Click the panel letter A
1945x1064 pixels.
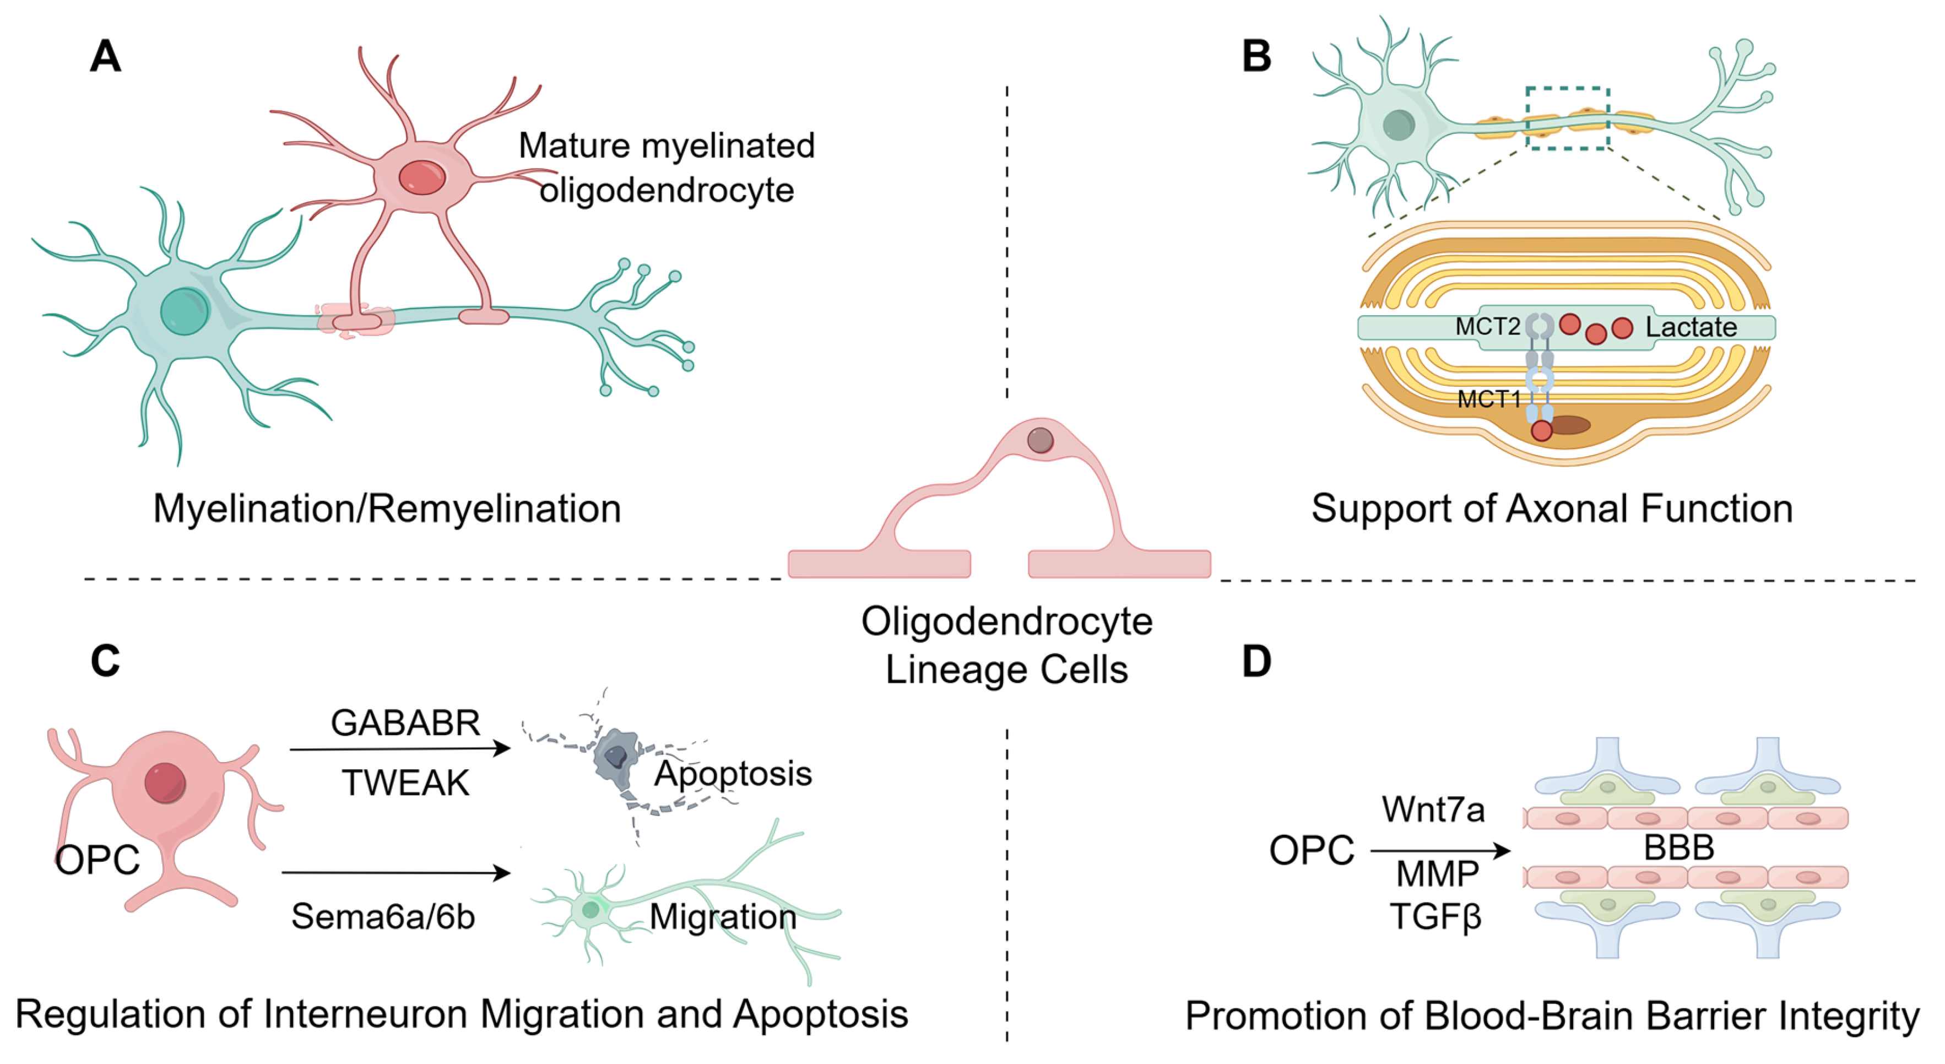[105, 57]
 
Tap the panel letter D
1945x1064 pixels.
[1256, 662]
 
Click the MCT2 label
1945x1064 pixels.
[1487, 327]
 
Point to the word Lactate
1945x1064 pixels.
[1691, 327]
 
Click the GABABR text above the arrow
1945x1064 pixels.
[405, 723]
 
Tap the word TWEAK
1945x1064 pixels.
[405, 782]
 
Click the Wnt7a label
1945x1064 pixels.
[1432, 809]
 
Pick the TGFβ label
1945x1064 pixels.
[1434, 917]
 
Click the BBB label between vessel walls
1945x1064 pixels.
[1678, 848]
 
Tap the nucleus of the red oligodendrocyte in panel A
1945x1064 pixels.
[421, 177]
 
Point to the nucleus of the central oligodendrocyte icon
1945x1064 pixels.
[1039, 440]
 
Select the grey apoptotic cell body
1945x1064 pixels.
[615, 758]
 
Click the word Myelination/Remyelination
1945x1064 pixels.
[387, 508]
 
